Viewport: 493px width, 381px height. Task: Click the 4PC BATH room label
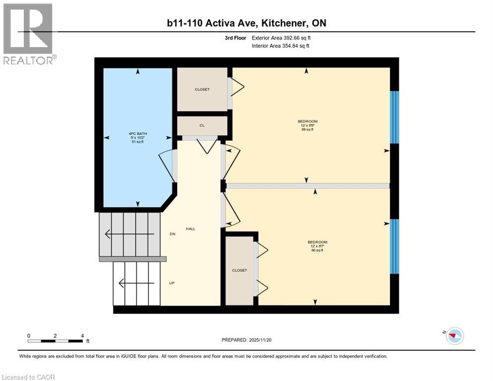tap(137, 133)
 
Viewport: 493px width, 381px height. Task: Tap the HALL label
tap(190, 229)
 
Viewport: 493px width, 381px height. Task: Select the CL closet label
tap(202, 126)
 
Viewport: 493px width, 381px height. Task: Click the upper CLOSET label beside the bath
tap(202, 90)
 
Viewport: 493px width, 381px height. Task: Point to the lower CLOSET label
tap(240, 270)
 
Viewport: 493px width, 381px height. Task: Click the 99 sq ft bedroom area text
tap(308, 129)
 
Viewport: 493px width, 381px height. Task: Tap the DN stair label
tap(172, 234)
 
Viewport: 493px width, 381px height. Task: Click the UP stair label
tap(172, 283)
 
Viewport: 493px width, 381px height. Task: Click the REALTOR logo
tap(29, 34)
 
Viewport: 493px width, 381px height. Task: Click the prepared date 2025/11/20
tap(246, 340)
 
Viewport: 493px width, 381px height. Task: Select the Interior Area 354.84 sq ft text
tap(281, 46)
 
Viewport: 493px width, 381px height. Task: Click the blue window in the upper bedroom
tap(395, 117)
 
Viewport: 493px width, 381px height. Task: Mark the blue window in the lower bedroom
tap(395, 247)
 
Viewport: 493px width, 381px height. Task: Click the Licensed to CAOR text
tap(28, 377)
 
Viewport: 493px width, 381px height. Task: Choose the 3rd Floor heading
tap(235, 38)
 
